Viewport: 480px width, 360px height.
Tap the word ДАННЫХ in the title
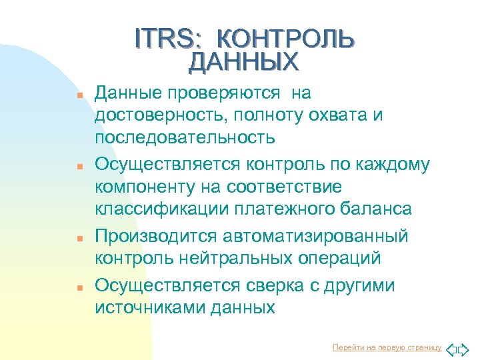tap(244, 62)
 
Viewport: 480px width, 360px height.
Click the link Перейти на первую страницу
tap(387, 348)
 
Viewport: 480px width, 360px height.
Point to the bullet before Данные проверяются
tap(79, 95)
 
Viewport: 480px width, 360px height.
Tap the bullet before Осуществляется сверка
tap(79, 288)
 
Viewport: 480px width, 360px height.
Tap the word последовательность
tap(185, 138)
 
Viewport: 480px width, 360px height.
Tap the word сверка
tap(274, 286)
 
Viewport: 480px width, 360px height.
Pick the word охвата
tap(328, 116)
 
